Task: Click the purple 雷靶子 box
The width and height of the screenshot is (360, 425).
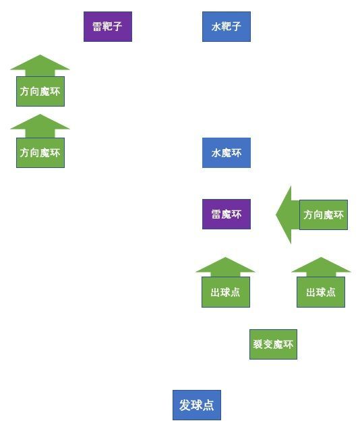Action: click(107, 27)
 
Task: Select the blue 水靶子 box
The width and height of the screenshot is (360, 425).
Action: click(226, 27)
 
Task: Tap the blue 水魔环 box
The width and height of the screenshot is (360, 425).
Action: click(226, 153)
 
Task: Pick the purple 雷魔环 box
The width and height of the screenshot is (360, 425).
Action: click(226, 215)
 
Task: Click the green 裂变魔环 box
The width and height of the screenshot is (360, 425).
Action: click(273, 345)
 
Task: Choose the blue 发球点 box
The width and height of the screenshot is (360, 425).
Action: click(196, 405)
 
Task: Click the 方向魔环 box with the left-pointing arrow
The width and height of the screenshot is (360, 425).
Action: click(323, 215)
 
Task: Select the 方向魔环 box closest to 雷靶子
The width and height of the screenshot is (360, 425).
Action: click(40, 91)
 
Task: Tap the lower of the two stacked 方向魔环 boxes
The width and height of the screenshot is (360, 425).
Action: click(40, 152)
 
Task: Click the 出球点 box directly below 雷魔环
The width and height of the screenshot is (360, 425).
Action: click(225, 292)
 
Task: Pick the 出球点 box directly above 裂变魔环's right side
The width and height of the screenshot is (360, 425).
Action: click(321, 292)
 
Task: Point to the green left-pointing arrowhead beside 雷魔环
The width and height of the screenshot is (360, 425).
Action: click(284, 215)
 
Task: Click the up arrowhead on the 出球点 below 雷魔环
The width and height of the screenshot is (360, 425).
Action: click(225, 266)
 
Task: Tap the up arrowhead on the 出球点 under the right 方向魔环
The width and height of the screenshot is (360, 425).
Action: click(321, 266)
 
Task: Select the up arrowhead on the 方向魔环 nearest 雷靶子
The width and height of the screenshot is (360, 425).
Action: click(40, 63)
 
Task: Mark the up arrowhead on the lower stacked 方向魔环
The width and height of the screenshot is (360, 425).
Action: click(40, 123)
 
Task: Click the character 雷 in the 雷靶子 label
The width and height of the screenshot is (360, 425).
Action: click(97, 27)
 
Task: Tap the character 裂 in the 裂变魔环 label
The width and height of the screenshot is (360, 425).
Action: click(258, 345)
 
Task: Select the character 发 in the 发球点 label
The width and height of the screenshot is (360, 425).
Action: click(185, 405)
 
